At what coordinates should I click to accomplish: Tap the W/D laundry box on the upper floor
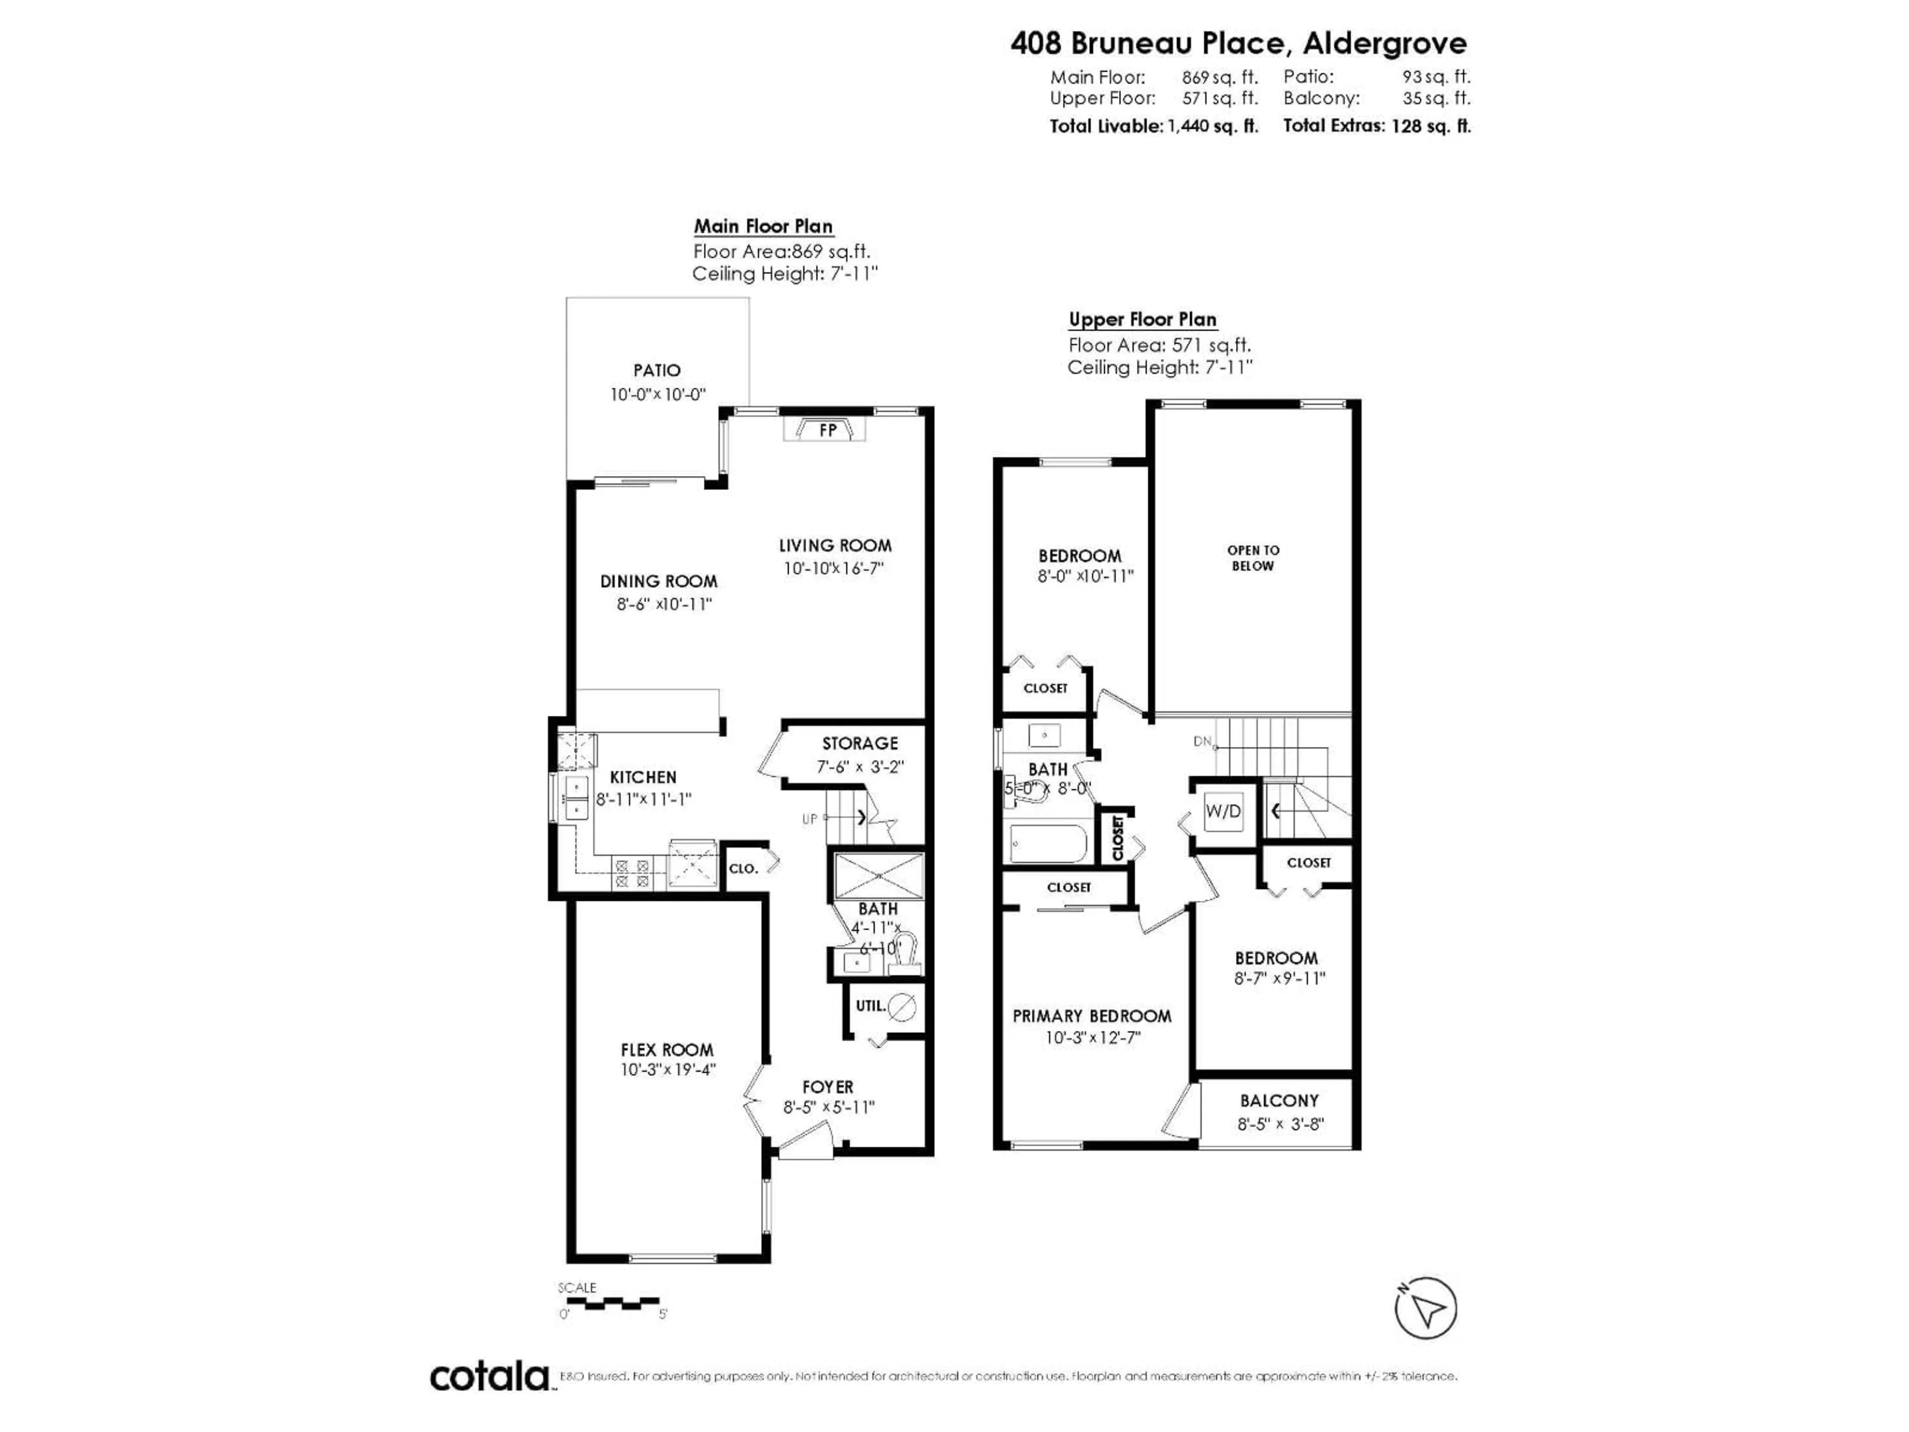(x=1223, y=811)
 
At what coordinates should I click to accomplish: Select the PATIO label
(x=657, y=370)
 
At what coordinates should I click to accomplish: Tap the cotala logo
(x=489, y=1376)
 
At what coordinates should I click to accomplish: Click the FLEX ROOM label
(x=667, y=1050)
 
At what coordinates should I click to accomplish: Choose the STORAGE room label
(x=860, y=743)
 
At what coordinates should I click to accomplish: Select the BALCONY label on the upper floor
(x=1279, y=1100)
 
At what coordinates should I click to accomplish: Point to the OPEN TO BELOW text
(x=1253, y=557)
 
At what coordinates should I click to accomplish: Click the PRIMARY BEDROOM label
(x=1092, y=1016)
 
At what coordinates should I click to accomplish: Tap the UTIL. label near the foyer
(x=870, y=1005)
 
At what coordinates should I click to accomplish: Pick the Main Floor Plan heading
(x=764, y=226)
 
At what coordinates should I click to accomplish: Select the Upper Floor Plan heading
(x=1142, y=319)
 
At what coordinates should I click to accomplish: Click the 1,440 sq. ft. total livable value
(x=1213, y=126)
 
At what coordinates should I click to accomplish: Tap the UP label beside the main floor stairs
(x=809, y=818)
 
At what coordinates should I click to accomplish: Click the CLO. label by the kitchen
(x=743, y=868)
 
